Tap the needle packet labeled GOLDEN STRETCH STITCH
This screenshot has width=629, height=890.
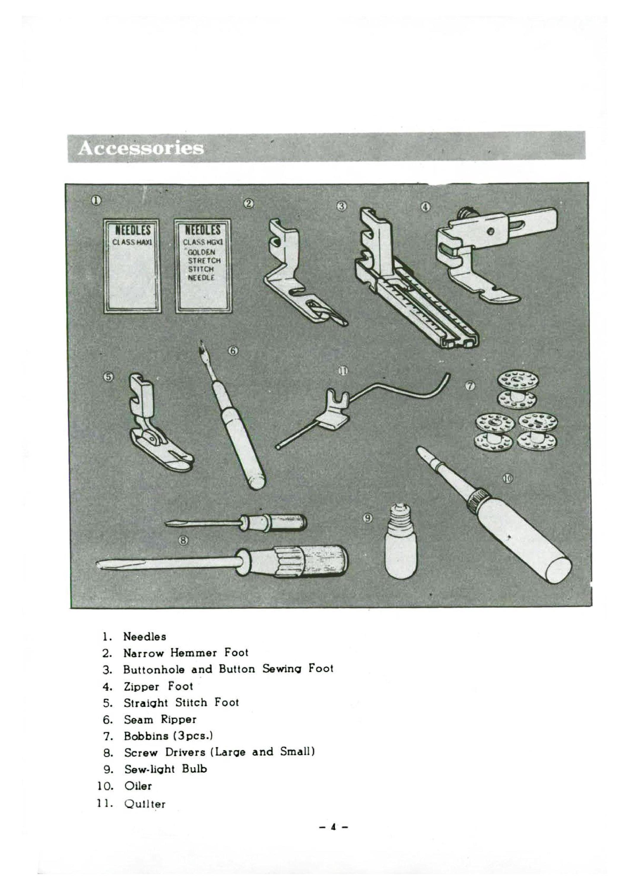click(203, 266)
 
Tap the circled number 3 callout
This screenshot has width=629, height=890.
click(341, 206)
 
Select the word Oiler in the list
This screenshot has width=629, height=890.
click(138, 786)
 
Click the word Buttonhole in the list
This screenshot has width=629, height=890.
click(154, 670)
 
